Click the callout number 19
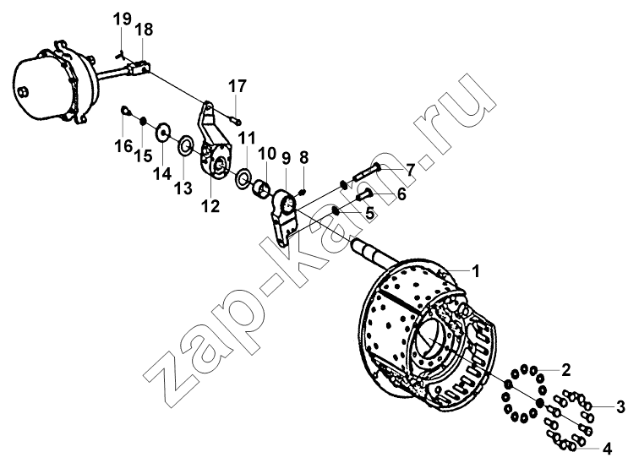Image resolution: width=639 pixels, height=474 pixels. click(x=123, y=19)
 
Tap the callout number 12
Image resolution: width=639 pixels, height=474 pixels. click(x=210, y=206)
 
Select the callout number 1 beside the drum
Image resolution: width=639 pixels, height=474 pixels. click(x=475, y=271)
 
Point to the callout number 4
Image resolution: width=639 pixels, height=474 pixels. click(x=607, y=449)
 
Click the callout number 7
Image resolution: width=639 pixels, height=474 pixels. click(x=410, y=170)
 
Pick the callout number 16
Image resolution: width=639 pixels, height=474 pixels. click(x=123, y=146)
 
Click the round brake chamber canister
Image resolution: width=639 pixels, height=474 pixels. click(x=53, y=81)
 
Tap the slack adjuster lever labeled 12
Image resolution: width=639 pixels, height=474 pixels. click(x=215, y=142)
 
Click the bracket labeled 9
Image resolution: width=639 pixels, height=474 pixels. click(x=284, y=219)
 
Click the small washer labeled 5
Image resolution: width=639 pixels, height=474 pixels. click(x=336, y=211)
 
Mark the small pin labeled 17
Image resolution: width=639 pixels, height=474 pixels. click(x=236, y=120)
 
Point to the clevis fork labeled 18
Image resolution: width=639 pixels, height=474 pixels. click(x=138, y=68)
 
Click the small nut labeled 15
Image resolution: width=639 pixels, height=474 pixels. click(x=143, y=121)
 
